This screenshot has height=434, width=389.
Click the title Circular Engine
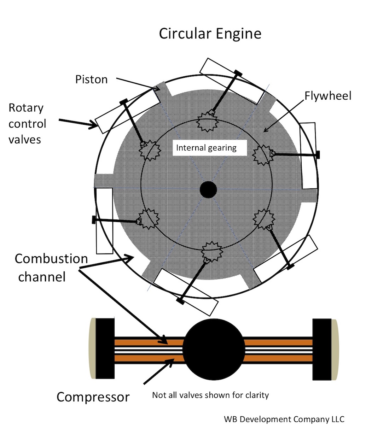point(210,34)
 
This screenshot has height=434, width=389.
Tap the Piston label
point(91,79)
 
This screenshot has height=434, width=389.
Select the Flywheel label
point(328,96)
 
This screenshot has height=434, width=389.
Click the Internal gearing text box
point(206,148)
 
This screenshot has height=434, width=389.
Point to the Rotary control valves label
point(27,123)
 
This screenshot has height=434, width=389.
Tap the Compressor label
point(93,397)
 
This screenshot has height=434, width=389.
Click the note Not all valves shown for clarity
point(210,395)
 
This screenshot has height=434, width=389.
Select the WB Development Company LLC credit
point(284,419)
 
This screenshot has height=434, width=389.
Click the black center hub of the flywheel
point(208,190)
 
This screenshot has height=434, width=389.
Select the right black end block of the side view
point(322,349)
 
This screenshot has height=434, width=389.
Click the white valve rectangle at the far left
point(104,221)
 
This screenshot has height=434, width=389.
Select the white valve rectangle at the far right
point(308,156)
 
